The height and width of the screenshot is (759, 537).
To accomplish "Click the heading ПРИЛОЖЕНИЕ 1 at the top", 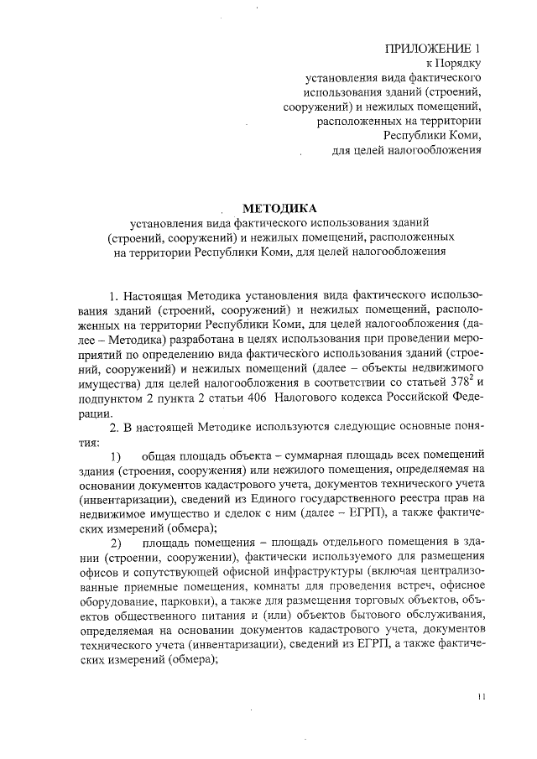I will click(x=434, y=48).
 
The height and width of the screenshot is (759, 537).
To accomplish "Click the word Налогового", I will click(x=323, y=398).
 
